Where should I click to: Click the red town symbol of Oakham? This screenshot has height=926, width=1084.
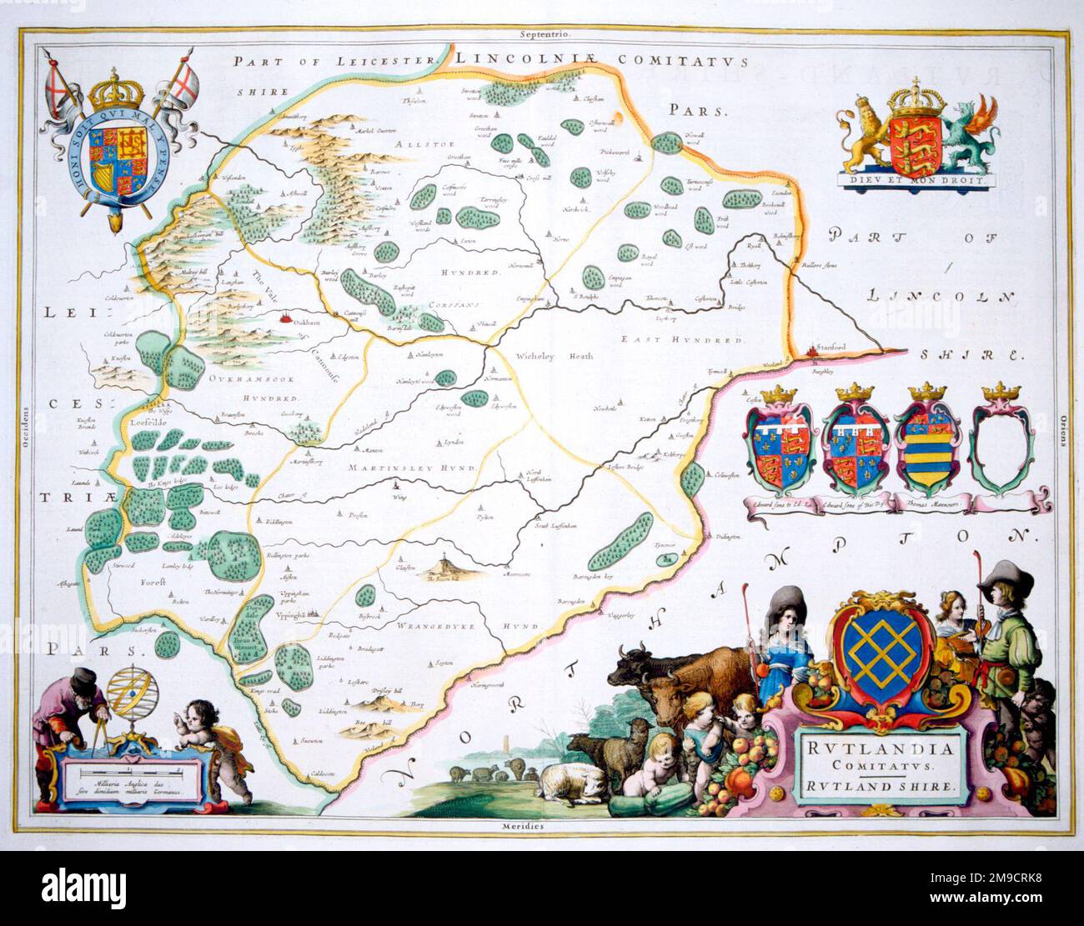(288, 318)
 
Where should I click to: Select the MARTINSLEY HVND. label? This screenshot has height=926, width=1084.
(414, 468)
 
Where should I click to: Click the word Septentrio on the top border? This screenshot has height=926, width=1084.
(543, 12)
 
